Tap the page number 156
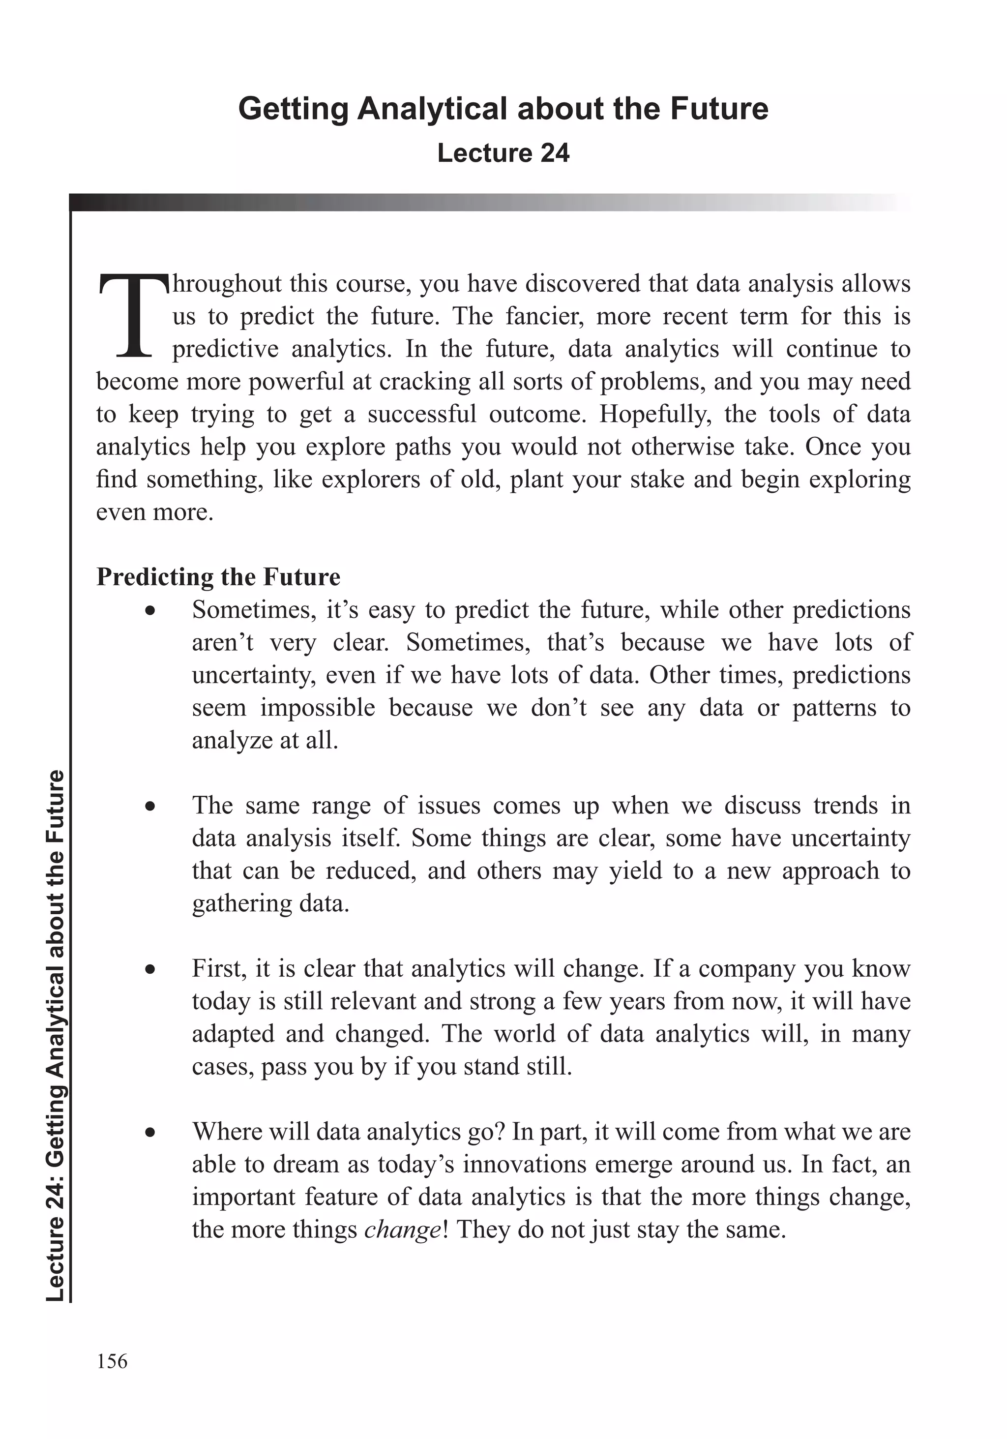pos(112,1361)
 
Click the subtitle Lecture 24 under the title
pos(503,153)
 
